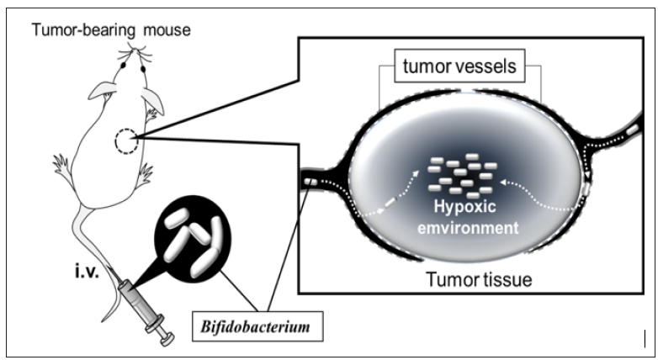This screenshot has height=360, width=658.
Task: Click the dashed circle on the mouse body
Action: [125, 140]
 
